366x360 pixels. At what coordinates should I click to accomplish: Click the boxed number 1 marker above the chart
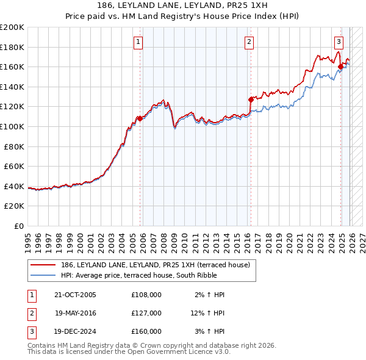coord(138,42)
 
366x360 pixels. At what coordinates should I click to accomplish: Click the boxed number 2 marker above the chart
coord(249,42)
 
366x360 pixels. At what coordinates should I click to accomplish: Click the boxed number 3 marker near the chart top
coord(339,42)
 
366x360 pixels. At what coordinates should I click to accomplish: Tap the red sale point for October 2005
coord(140,118)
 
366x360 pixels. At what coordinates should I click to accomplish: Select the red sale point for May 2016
coord(251,99)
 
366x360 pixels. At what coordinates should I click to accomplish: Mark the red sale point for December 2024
coord(340,67)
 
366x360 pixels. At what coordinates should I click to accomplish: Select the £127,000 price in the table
coord(146,313)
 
